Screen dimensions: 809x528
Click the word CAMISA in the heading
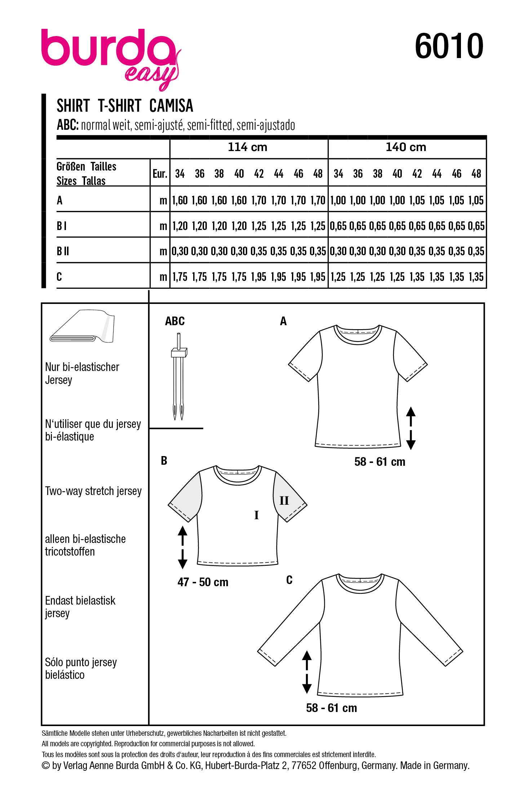171,106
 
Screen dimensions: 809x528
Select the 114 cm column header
248,147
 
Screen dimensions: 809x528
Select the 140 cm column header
406,147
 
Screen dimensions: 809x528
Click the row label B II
63,251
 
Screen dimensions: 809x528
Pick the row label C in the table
59,277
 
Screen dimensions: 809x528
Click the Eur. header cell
160,174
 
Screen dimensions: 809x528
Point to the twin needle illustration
178,377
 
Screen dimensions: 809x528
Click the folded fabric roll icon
83,326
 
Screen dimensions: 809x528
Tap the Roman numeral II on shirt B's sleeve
284,500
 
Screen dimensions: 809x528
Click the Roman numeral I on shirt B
256,515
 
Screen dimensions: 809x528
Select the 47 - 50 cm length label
203,582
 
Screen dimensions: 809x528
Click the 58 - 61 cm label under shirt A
380,462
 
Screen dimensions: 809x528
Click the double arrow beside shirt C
307,672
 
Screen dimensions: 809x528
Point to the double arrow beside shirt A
411,428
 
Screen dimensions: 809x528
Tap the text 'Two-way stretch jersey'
93,491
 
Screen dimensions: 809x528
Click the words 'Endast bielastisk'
80,601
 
